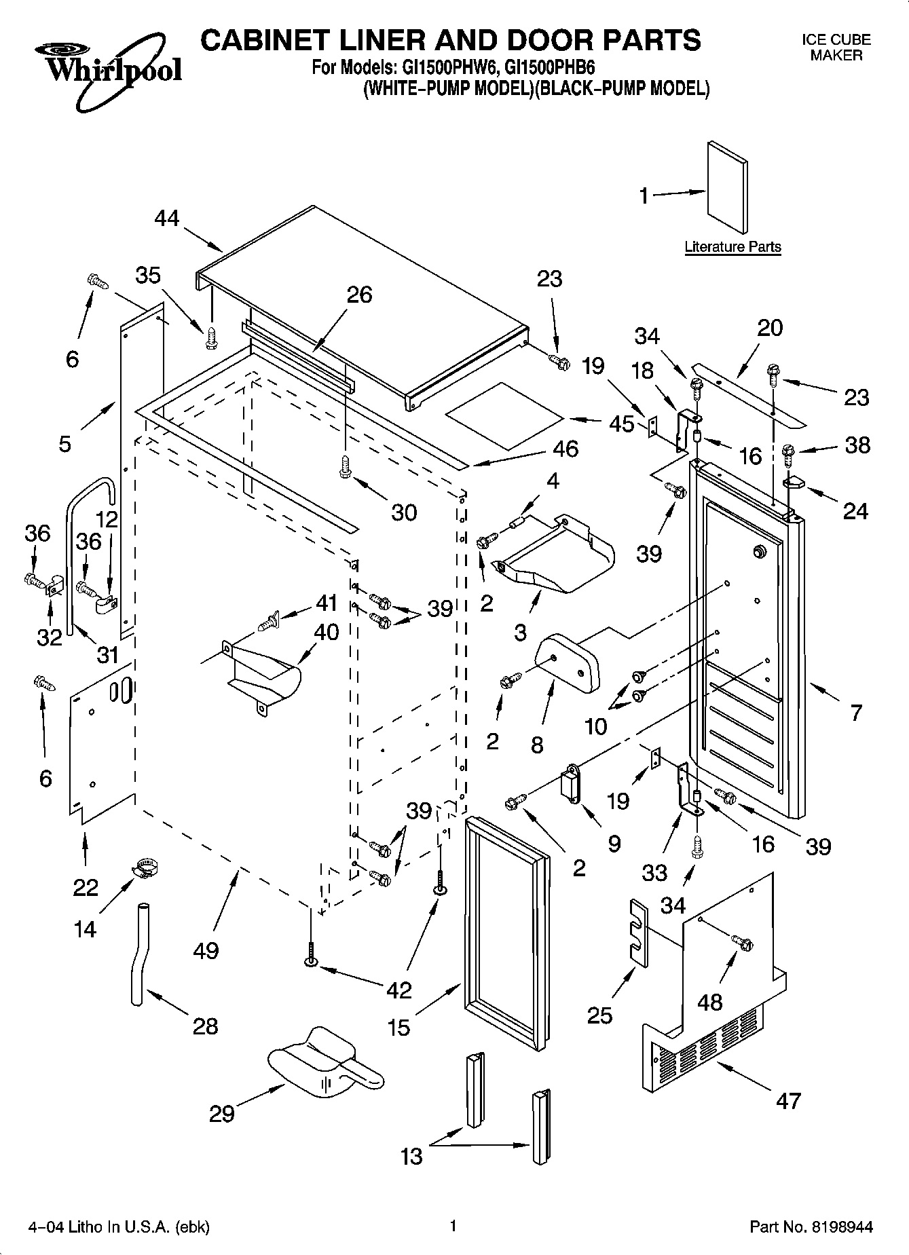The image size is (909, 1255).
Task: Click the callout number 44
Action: pos(167,218)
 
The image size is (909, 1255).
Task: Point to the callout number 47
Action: pos(789,1100)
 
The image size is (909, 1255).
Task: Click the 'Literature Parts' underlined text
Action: pos(732,247)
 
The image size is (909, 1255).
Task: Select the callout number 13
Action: pos(412,1156)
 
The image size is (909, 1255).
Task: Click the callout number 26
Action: pos(360,295)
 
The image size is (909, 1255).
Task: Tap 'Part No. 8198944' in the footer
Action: pos(811,1227)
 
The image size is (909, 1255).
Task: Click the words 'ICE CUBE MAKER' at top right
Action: pos(836,48)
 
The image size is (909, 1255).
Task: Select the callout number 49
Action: pos(206,950)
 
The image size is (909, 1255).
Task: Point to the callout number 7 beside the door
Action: pos(856,712)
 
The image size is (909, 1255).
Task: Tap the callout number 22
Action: pos(86,887)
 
